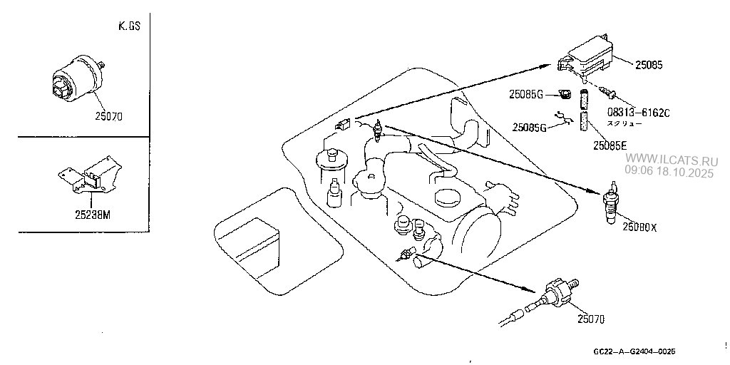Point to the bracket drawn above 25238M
[86, 178]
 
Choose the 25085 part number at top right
[647, 64]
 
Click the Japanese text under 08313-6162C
[624, 123]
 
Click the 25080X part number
[639, 227]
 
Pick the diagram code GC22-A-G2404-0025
[634, 352]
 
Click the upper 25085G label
[526, 93]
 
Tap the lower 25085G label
[529, 128]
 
